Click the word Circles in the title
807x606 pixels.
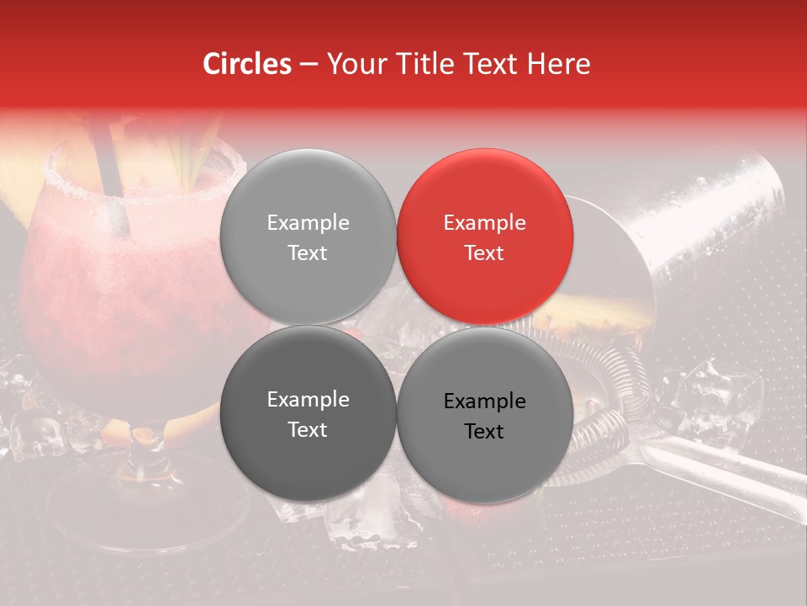tap(246, 64)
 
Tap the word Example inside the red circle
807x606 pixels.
tap(484, 223)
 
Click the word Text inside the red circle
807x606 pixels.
tap(484, 253)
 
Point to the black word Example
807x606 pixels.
tap(484, 401)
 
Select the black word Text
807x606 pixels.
tap(484, 432)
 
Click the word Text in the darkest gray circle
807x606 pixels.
tap(308, 430)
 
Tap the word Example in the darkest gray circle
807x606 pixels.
tap(308, 400)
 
